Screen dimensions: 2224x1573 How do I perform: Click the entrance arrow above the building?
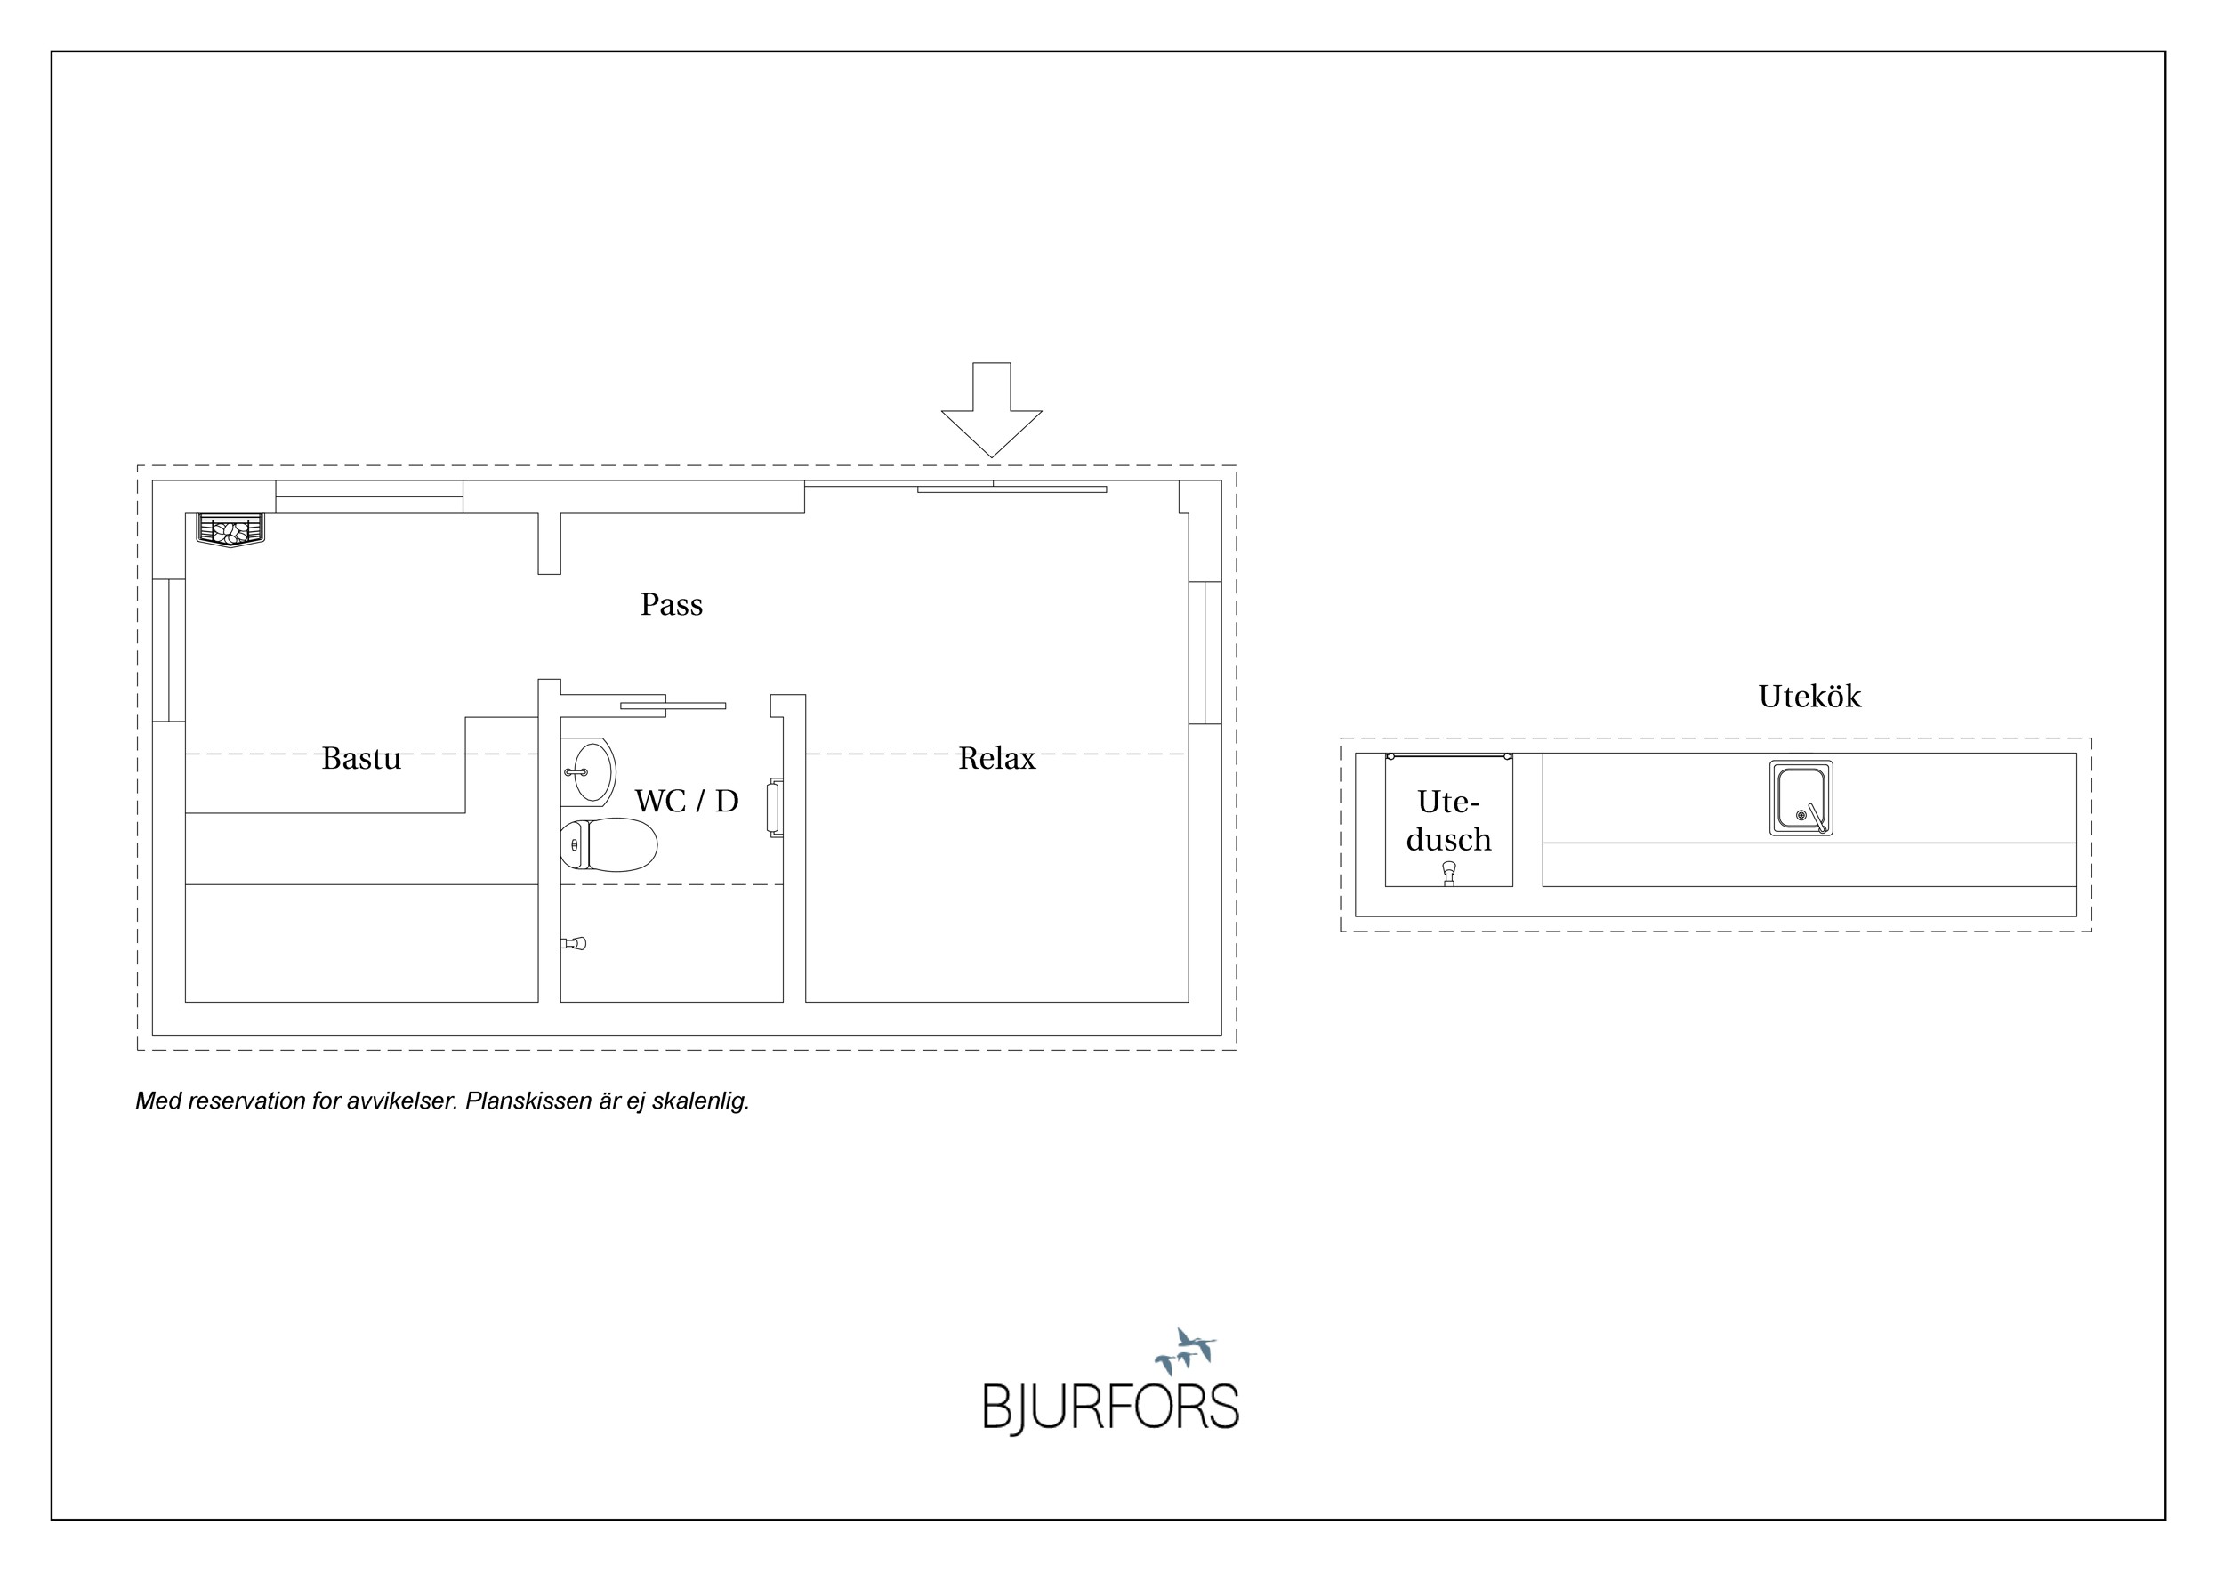[991, 410]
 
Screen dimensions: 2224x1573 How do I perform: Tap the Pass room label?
[672, 604]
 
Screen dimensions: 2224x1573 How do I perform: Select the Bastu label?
[360, 757]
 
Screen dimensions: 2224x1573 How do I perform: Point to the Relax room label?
[996, 757]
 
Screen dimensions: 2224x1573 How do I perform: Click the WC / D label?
[687, 800]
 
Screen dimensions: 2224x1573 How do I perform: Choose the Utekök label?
[1809, 696]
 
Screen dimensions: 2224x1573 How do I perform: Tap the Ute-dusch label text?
[1448, 820]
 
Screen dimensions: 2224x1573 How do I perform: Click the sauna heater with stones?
[230, 531]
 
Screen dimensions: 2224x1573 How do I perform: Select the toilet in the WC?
[608, 844]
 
